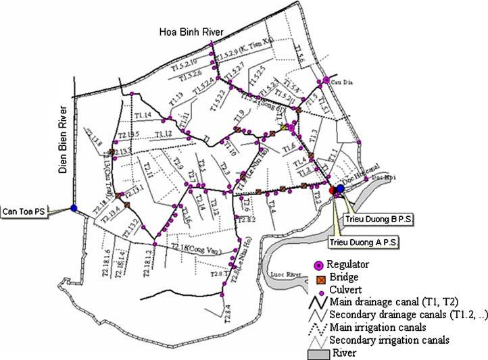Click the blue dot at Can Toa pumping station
point(73,208)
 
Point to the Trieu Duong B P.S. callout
point(370,220)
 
